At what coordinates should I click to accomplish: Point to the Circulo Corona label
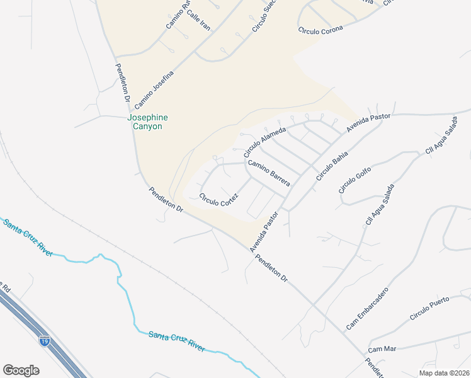(x=321, y=29)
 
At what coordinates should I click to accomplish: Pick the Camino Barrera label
(x=268, y=173)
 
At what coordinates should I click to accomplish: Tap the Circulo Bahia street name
(x=332, y=166)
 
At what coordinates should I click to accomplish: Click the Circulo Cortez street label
(x=218, y=199)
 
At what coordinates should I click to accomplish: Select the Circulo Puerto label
(x=429, y=308)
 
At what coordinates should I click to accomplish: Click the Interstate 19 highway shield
(x=44, y=341)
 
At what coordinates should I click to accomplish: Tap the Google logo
(x=21, y=370)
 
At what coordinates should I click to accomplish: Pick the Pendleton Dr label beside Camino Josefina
(x=122, y=82)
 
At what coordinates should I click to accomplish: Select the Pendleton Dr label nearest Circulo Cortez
(x=166, y=199)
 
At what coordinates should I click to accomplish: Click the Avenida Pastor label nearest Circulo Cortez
(x=263, y=232)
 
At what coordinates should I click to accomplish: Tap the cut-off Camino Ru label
(x=177, y=16)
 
